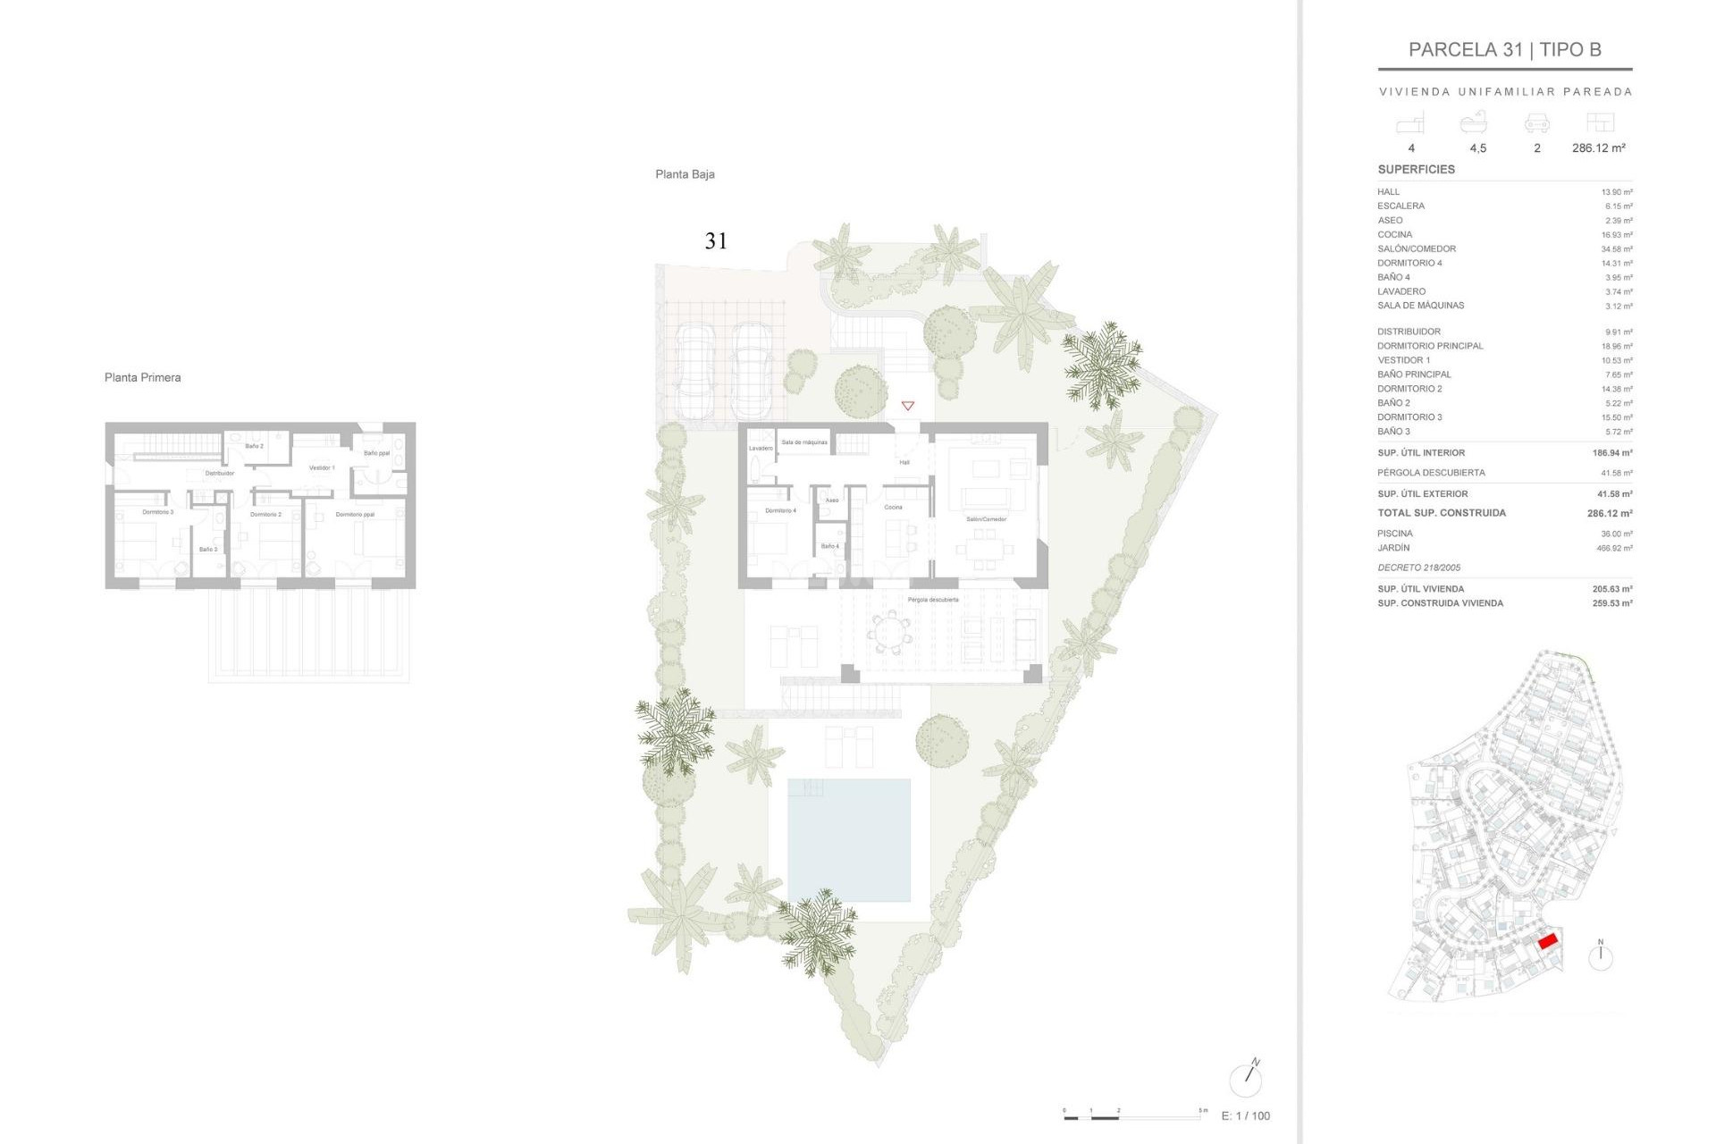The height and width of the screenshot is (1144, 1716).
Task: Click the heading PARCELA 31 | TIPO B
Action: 1504,50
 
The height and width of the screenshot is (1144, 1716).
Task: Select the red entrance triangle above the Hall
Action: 907,406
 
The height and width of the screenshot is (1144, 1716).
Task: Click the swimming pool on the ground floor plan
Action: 848,839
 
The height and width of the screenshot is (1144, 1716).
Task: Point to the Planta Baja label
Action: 685,174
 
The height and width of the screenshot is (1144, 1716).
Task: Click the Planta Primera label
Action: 142,377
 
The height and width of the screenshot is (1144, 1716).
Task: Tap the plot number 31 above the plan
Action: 716,240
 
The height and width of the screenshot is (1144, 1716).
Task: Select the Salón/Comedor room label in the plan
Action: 986,519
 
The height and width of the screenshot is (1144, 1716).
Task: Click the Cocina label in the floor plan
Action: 893,507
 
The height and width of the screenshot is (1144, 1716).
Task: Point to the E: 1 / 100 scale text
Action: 1245,1115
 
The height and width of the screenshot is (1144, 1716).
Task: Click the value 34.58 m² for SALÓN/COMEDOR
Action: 1616,249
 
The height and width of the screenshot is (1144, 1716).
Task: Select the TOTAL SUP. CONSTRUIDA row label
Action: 1441,513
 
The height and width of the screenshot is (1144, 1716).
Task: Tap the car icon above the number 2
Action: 1536,122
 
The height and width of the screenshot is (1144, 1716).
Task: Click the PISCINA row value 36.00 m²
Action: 1616,534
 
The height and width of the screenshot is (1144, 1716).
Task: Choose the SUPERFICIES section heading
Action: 1416,169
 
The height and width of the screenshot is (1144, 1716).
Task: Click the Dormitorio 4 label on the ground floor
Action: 780,510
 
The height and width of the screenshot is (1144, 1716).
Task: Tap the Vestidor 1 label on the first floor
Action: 322,467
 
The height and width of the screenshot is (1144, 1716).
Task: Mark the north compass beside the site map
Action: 1600,956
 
